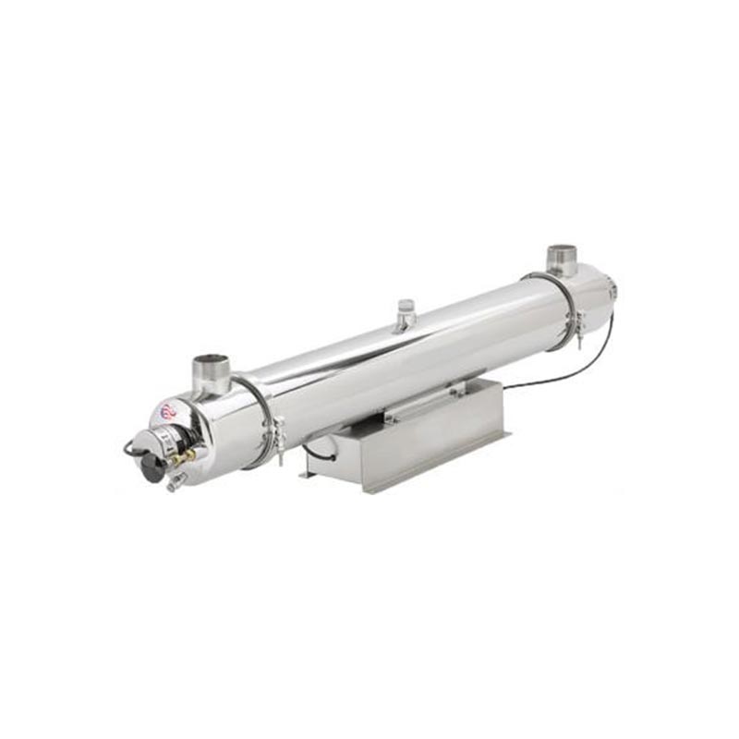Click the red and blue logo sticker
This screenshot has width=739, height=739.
click(x=168, y=410)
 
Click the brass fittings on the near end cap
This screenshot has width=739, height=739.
click(x=186, y=455)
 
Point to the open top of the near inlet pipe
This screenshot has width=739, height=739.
click(x=211, y=360)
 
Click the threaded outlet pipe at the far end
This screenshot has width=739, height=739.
click(x=561, y=260)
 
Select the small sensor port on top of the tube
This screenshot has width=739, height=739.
click(x=405, y=313)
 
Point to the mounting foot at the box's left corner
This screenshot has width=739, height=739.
click(x=307, y=474)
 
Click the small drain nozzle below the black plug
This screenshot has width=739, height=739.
click(x=173, y=483)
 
